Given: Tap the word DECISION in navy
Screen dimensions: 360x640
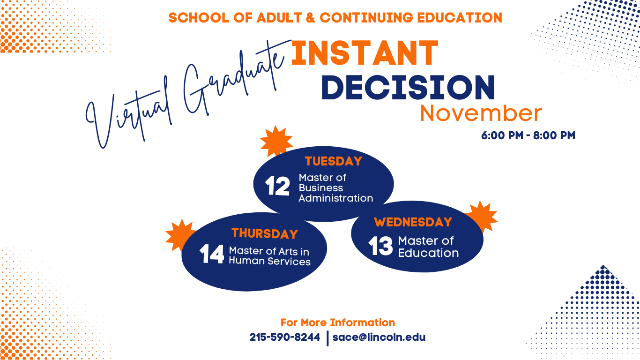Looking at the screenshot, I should point(408,87).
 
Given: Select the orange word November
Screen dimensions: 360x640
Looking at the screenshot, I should point(481,113).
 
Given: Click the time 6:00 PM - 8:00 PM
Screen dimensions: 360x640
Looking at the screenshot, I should point(528,136).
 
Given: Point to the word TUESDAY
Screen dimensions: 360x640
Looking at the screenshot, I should point(334,161).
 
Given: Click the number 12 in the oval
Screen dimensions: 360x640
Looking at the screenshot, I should point(277,186).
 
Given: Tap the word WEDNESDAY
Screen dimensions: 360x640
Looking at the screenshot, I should point(413,222).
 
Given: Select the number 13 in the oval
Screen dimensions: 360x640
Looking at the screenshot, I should point(380,247).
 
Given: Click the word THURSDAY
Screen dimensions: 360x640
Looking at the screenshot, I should point(265,233).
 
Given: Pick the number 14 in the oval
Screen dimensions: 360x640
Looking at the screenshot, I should point(212,255).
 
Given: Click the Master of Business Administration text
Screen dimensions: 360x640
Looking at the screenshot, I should point(335,188).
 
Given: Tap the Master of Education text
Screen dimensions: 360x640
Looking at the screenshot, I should point(428,247).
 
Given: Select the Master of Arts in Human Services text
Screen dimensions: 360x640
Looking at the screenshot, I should point(269,256).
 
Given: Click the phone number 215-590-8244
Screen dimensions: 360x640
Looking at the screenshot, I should point(285,337).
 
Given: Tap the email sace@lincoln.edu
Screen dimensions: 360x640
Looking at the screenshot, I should point(379,337).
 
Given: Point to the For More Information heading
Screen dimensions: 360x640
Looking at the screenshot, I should point(338,322).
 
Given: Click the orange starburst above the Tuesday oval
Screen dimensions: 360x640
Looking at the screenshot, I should point(276,140).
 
